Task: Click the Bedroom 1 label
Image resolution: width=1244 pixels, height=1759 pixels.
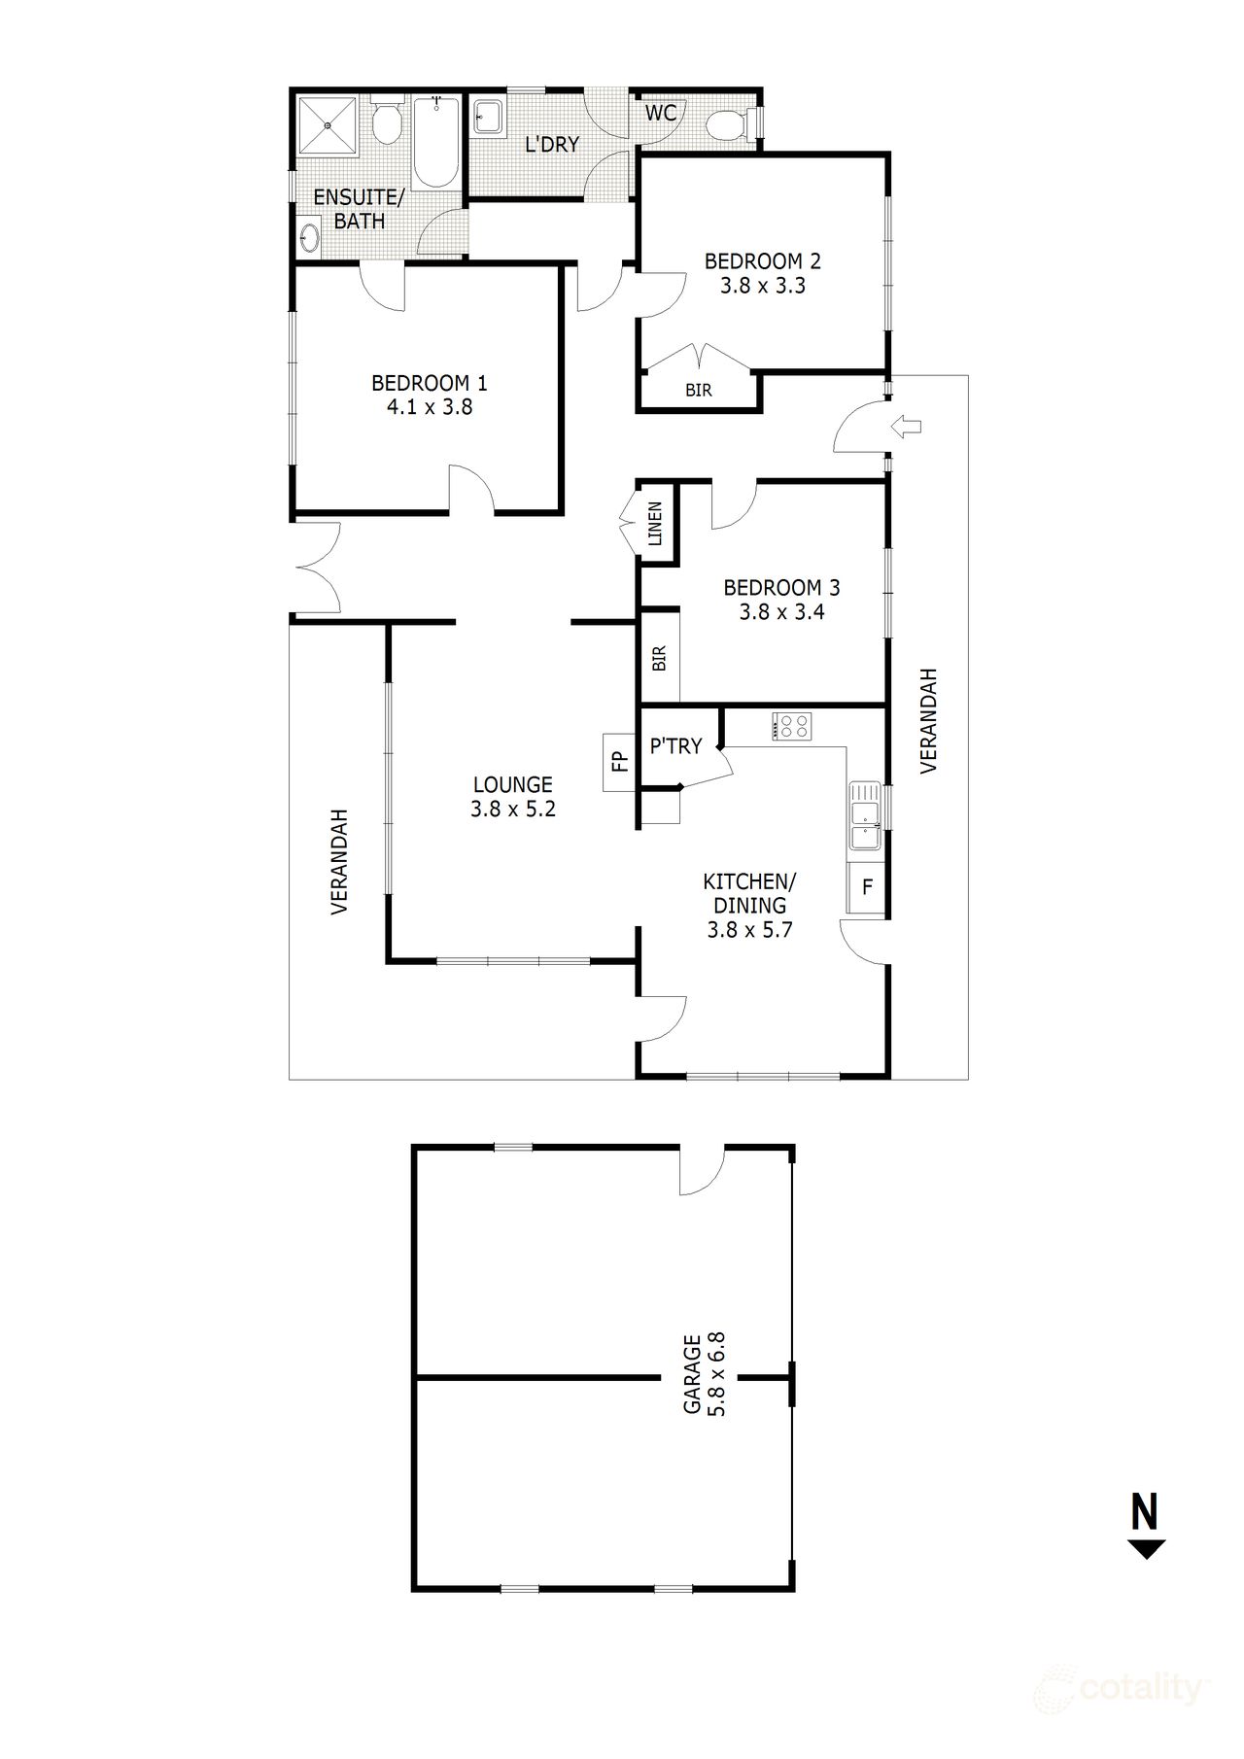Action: (x=430, y=382)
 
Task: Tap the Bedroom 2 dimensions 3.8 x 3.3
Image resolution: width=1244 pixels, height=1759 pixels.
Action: (x=763, y=287)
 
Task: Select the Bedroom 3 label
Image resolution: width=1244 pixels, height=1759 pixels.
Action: (x=781, y=588)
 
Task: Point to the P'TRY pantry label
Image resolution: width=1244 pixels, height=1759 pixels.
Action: (x=675, y=746)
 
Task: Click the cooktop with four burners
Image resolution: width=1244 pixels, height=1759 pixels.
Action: (x=792, y=727)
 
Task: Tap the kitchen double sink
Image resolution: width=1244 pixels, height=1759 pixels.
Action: (x=864, y=816)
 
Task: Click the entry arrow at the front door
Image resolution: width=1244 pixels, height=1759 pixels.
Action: (x=907, y=425)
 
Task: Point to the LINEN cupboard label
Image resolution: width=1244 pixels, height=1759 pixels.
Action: (x=655, y=524)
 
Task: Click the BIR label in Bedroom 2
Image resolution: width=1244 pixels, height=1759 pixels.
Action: (x=699, y=392)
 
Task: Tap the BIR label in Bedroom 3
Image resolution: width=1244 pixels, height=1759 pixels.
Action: (x=660, y=659)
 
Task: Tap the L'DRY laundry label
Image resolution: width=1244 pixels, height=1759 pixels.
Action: (x=552, y=145)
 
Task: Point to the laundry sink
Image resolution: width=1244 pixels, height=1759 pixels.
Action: (x=488, y=118)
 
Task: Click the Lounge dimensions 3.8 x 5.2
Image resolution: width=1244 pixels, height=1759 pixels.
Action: (x=513, y=809)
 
